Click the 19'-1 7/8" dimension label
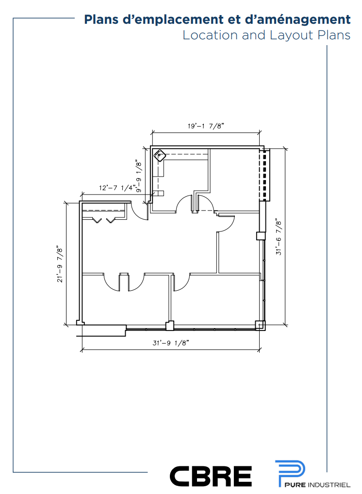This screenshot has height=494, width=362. pyautogui.click(x=206, y=126)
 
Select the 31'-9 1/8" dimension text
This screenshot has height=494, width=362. pyautogui.click(x=171, y=343)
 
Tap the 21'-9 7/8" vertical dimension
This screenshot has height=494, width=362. pyautogui.click(x=60, y=264)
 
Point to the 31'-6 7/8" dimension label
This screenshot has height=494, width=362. pyautogui.click(x=279, y=237)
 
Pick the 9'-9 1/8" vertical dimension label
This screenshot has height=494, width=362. pyautogui.click(x=138, y=177)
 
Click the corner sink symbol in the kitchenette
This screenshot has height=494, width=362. pyautogui.click(x=160, y=156)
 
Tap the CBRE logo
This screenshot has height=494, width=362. pyautogui.click(x=211, y=476)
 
